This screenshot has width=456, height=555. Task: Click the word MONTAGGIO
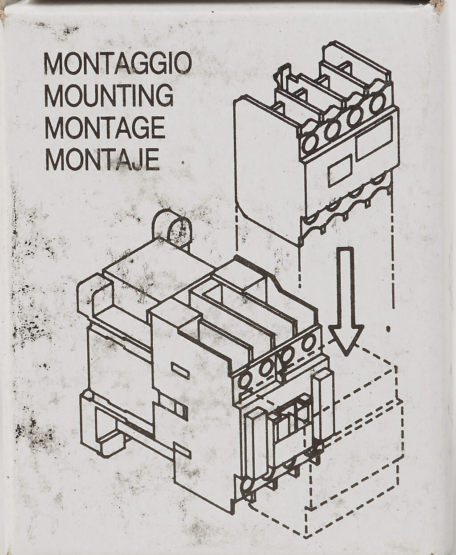click(x=118, y=64)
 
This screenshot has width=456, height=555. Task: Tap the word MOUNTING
click(x=109, y=95)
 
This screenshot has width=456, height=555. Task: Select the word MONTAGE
click(x=105, y=127)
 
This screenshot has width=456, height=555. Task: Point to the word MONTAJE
click(x=102, y=159)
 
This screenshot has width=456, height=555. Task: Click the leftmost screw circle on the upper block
click(x=309, y=142)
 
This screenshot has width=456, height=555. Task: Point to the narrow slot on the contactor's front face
click(x=180, y=371)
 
